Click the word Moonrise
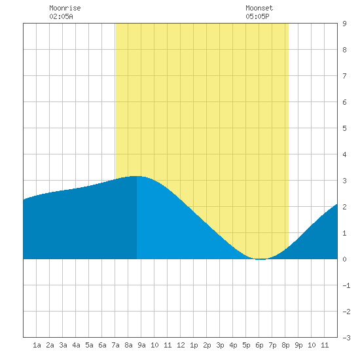point(65,8)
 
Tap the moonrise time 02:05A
point(61,16)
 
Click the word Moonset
point(259,8)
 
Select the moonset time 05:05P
point(257,16)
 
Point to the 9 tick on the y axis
point(344,24)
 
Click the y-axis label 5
point(344,128)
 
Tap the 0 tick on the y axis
point(344,259)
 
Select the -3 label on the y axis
point(346,338)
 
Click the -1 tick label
point(346,285)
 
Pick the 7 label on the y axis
point(344,76)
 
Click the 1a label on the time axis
point(37,345)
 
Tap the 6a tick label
point(102,345)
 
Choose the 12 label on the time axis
point(181,345)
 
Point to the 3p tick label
point(220,345)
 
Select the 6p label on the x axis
point(259,345)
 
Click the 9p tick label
point(298,345)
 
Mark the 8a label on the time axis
point(128,345)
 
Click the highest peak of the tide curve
point(136,176)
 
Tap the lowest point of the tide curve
point(261,259)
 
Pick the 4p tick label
point(233,345)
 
